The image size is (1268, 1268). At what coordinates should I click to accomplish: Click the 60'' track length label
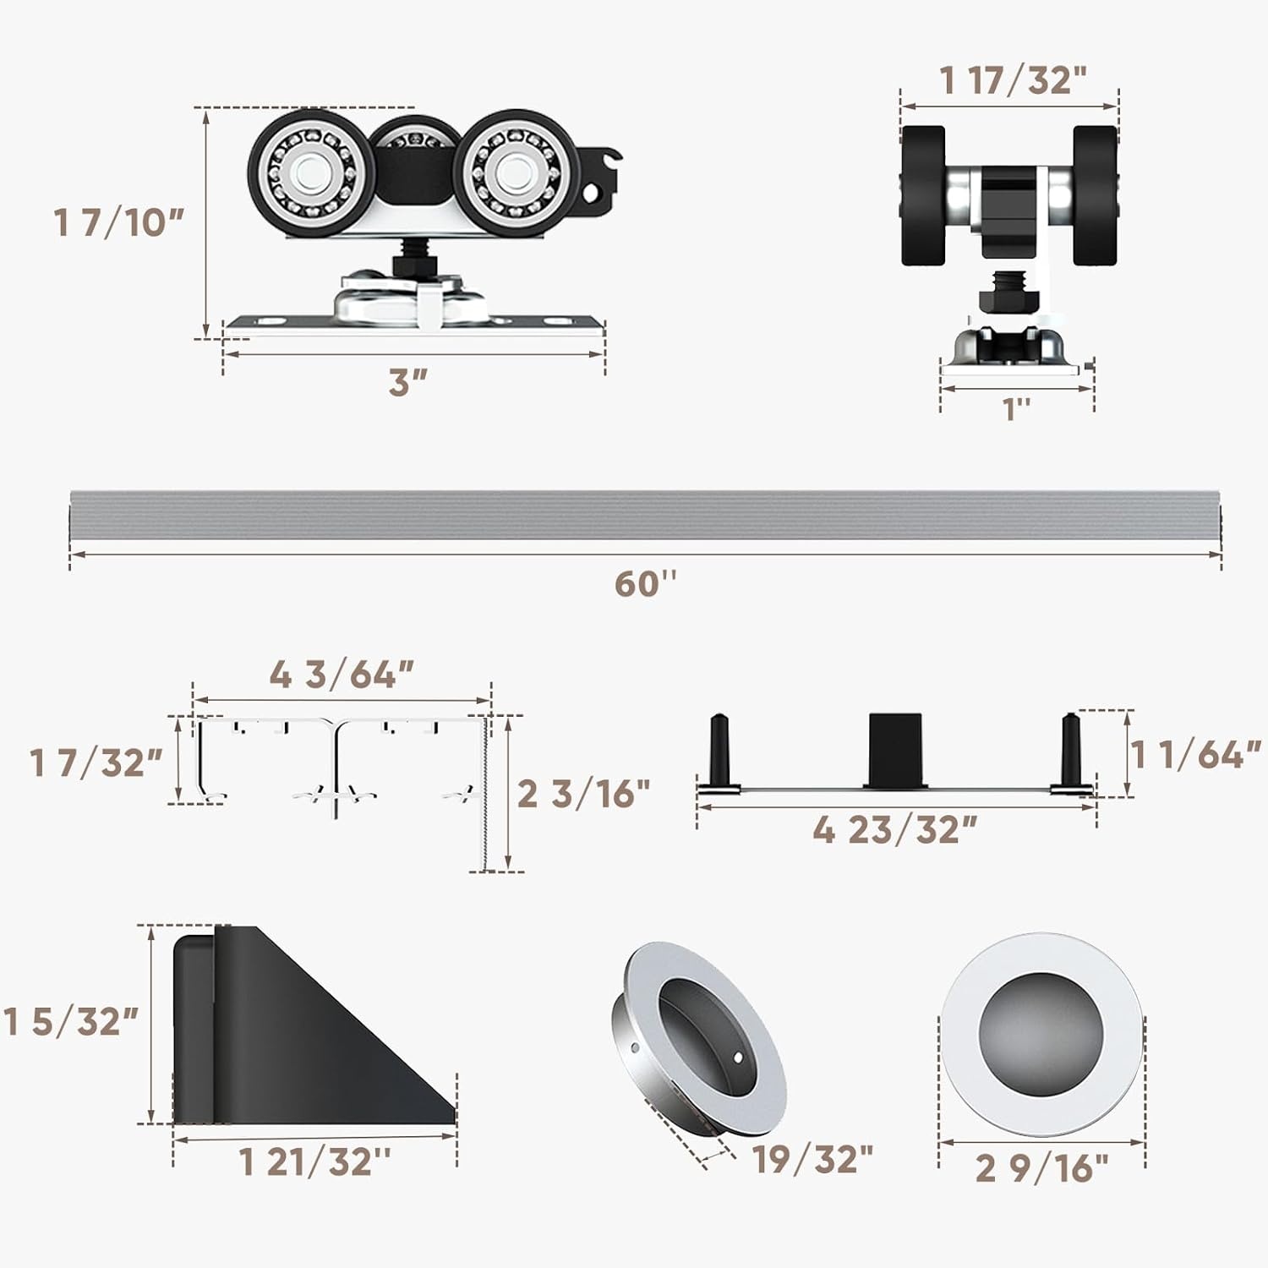pos(646,583)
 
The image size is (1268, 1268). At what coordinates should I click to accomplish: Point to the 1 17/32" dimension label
pos(1013,80)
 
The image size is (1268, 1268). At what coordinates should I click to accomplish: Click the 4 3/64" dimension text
pos(342,675)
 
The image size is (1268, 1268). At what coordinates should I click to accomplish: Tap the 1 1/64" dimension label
pos(1197,754)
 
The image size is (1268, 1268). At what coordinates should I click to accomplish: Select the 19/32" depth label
pos(812,1159)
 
